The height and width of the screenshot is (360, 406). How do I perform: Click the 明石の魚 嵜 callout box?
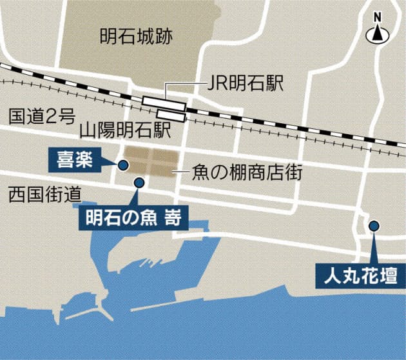tap(133, 217)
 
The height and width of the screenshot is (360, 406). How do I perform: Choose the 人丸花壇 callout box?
tap(360, 277)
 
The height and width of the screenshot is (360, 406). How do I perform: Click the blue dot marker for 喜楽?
tap(123, 165)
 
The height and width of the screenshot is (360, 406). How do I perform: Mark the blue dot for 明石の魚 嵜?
tap(139, 183)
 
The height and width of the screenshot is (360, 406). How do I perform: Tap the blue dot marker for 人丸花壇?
tap(373, 226)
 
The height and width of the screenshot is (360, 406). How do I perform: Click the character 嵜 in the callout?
tap(172, 217)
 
